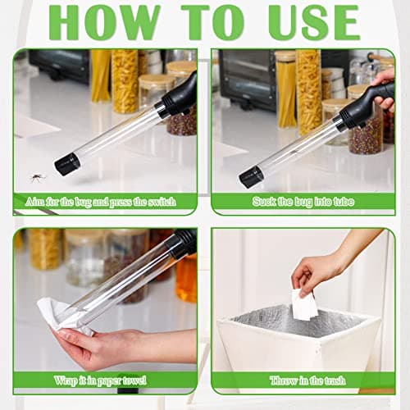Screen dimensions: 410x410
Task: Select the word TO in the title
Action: (215, 22)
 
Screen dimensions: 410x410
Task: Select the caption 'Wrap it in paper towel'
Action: (105, 380)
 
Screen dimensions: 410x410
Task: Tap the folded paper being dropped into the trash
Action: (304, 305)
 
